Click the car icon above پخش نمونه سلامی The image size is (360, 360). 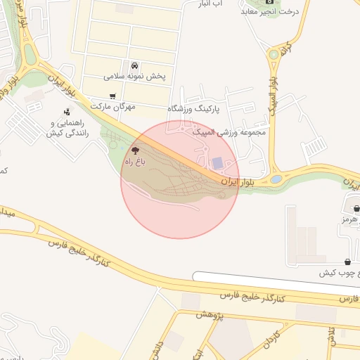(134, 65)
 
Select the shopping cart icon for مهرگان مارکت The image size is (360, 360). (112, 96)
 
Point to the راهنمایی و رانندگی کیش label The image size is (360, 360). (67, 127)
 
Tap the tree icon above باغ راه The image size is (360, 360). (135, 150)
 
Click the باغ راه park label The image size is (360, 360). (134, 162)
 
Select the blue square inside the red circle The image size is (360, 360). (218, 163)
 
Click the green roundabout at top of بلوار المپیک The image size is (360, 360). (273, 54)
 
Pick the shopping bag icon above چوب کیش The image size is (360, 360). (349, 262)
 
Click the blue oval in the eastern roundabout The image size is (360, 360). (276, 179)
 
